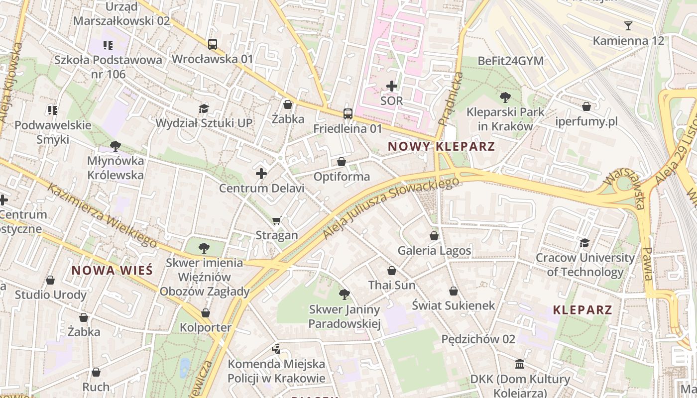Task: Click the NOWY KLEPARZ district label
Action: [x=441, y=146]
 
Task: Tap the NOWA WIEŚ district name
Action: [x=112, y=270]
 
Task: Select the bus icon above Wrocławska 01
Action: [x=213, y=44]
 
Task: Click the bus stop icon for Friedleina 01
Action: [x=348, y=114]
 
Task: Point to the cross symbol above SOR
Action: [x=392, y=86]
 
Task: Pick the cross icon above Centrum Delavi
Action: [x=261, y=174]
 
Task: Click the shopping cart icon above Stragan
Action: [x=277, y=220]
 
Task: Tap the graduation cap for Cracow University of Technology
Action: [x=585, y=243]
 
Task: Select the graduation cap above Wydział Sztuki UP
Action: [x=204, y=108]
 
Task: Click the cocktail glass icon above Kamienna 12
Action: [x=628, y=26]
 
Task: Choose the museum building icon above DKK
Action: [x=520, y=364]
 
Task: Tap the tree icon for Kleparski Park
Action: [x=505, y=97]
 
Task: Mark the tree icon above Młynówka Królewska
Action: [x=116, y=146]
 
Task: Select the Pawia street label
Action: [x=647, y=263]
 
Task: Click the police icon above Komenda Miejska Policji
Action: [x=276, y=349]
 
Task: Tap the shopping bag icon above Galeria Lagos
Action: [x=434, y=235]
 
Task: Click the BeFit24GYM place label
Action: [x=510, y=61]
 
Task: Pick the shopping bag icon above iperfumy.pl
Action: [x=586, y=106]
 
